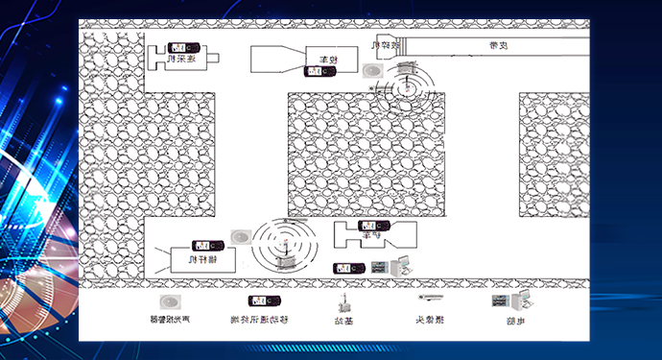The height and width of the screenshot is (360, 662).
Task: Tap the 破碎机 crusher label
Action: (x=384, y=44)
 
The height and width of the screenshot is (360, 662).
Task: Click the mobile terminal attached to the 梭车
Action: (x=319, y=70)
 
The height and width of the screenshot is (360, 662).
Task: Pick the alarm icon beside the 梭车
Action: (x=373, y=71)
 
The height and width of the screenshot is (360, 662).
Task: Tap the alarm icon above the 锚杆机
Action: (x=240, y=235)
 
